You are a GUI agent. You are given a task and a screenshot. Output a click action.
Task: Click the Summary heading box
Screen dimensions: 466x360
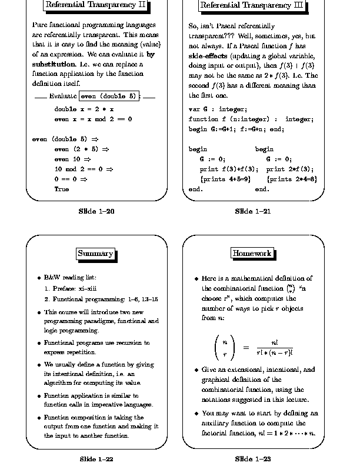point(95,254)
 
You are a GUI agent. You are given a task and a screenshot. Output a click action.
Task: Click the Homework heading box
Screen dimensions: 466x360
point(252,253)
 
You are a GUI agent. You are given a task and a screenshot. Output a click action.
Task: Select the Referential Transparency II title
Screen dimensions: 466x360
point(95,6)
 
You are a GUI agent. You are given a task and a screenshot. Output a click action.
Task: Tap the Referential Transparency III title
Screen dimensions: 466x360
point(252,6)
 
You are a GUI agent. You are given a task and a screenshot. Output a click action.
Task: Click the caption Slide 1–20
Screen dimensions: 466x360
point(96,211)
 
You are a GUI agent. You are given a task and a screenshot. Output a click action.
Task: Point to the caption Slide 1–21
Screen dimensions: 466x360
point(252,211)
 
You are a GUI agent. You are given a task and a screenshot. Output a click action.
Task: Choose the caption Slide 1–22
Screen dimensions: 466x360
point(96,458)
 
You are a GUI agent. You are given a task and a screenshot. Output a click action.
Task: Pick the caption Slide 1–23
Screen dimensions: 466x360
point(252,458)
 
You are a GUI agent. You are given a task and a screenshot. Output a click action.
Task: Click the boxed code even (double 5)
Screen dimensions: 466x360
point(109,96)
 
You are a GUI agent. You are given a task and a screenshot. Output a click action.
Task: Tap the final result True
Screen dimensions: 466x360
point(61,189)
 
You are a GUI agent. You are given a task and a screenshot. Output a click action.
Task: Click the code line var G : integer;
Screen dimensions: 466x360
point(218,109)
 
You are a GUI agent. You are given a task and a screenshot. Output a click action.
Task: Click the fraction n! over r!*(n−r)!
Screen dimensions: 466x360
point(274,347)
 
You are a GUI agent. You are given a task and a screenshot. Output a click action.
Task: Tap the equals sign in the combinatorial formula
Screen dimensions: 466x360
point(246,347)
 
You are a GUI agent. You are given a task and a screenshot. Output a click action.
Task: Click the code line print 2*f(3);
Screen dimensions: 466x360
point(286,169)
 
